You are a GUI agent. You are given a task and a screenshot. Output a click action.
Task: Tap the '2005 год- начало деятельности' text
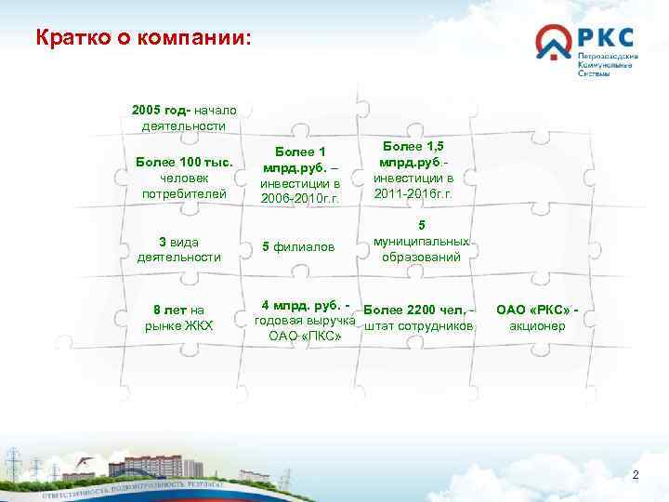183,118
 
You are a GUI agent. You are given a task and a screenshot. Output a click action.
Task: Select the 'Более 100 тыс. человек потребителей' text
183,178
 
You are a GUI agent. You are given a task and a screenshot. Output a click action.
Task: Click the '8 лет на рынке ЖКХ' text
179,317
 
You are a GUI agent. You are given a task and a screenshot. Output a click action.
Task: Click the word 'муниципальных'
421,241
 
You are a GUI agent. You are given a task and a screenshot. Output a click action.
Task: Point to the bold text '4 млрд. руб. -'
306,304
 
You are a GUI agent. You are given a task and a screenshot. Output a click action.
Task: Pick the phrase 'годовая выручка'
306,320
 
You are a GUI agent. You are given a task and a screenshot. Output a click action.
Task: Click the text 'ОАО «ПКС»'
305,336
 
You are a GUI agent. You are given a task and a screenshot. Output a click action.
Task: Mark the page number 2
636,475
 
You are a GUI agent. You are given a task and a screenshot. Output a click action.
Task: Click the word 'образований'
421,257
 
